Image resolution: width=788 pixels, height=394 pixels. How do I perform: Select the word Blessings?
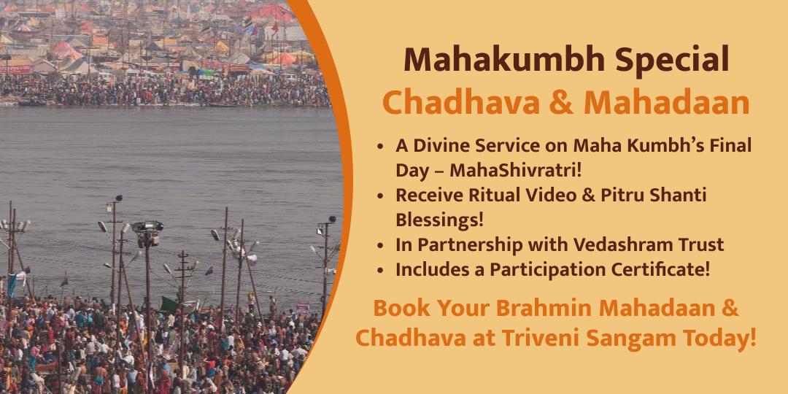coord(440,219)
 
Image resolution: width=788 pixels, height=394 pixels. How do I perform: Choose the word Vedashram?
coord(613,244)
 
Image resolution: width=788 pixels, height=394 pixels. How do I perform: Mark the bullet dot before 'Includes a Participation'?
coord(382,270)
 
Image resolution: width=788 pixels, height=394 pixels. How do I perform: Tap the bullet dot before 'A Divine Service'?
coord(382,146)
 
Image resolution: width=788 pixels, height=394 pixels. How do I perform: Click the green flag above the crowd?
coord(170,305)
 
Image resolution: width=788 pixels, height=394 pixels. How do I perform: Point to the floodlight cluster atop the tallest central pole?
coord(147,232)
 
